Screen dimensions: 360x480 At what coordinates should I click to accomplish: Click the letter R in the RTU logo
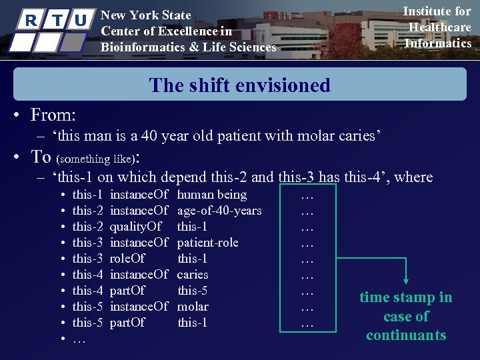click(31, 21)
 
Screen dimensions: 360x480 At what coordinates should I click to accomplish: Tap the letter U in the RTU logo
click(81, 21)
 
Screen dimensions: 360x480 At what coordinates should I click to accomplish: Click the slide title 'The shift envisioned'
click(239, 85)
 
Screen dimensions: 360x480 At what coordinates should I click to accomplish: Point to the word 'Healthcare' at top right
click(439, 27)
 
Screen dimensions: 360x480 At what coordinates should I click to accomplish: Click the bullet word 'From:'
click(53, 115)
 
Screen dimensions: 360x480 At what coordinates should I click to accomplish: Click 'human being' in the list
click(212, 195)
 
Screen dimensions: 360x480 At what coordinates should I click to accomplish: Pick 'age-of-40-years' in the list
click(219, 211)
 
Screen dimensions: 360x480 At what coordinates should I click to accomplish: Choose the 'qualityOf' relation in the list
click(135, 227)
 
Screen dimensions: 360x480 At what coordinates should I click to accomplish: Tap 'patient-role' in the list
click(207, 243)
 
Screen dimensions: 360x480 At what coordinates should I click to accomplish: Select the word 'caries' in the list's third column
click(193, 275)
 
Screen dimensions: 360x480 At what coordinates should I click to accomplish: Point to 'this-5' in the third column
click(193, 291)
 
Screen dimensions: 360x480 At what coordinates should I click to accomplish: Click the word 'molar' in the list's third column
click(193, 307)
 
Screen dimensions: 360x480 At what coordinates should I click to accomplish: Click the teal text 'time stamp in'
click(405, 297)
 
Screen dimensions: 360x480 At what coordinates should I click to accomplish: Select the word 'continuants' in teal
click(405, 335)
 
